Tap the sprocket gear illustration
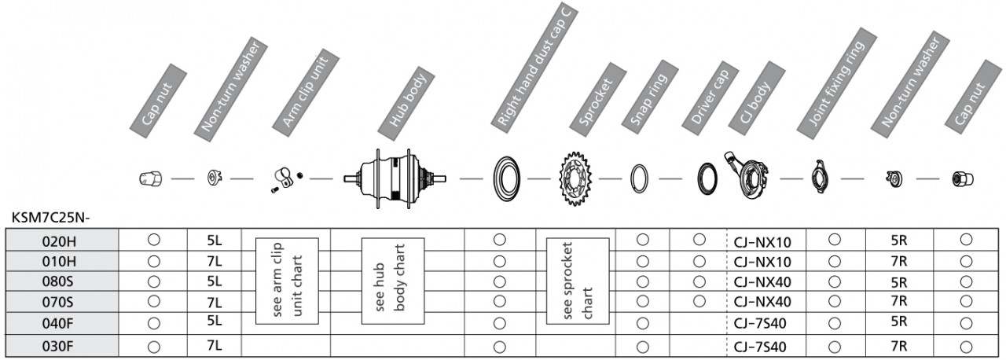pos(575,178)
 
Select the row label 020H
pos(59,241)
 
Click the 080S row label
pos(57,282)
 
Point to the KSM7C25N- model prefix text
pos(51,218)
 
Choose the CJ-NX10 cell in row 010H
pos(762,262)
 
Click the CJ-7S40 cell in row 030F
pos(760,347)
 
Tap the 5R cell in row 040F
pos(899,321)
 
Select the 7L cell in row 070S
pos(215,303)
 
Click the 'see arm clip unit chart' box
pos(287,281)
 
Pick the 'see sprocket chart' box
pos(578,281)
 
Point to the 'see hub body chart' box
pos(393,281)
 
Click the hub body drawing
pos(395,178)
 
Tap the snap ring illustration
pos(631,179)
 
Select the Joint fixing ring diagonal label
pos(836,84)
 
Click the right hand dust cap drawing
pos(495,178)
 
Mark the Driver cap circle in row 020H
pos(699,240)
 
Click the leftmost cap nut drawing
pos(150,178)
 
